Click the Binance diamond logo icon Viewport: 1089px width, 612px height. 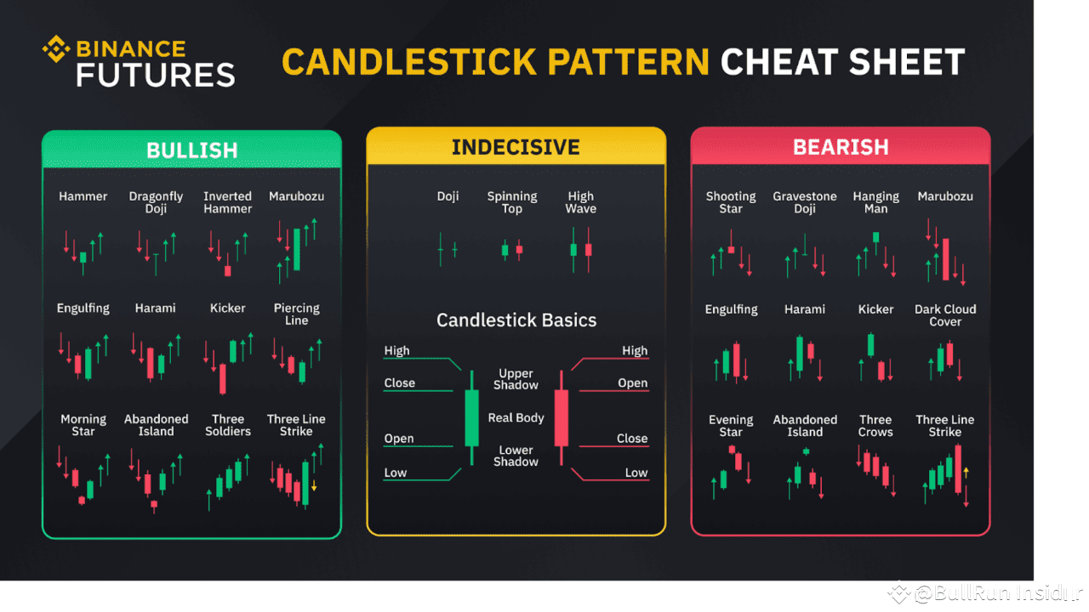(x=56, y=48)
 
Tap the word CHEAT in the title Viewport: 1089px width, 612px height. (x=775, y=62)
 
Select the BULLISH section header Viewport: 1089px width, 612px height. (x=191, y=150)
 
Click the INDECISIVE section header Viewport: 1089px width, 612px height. (x=516, y=147)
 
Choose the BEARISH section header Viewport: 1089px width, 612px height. (x=841, y=147)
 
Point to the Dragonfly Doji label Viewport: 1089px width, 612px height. (x=156, y=202)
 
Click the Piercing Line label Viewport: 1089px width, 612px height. (x=297, y=314)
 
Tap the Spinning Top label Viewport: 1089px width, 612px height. (x=512, y=202)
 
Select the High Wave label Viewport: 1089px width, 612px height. (x=581, y=202)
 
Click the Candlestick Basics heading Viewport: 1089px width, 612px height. (x=516, y=320)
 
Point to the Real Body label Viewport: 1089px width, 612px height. (x=516, y=417)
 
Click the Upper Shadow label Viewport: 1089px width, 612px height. (x=516, y=379)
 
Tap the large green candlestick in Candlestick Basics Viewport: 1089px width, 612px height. (x=471, y=417)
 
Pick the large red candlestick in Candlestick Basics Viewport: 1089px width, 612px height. (x=561, y=417)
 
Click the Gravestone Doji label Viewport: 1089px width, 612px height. (x=805, y=202)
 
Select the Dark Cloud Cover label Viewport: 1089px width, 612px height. (x=945, y=315)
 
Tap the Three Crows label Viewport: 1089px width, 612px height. (x=875, y=426)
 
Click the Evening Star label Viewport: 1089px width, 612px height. (x=731, y=426)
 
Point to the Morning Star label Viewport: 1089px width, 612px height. (x=83, y=425)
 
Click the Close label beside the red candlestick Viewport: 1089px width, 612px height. (x=632, y=439)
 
